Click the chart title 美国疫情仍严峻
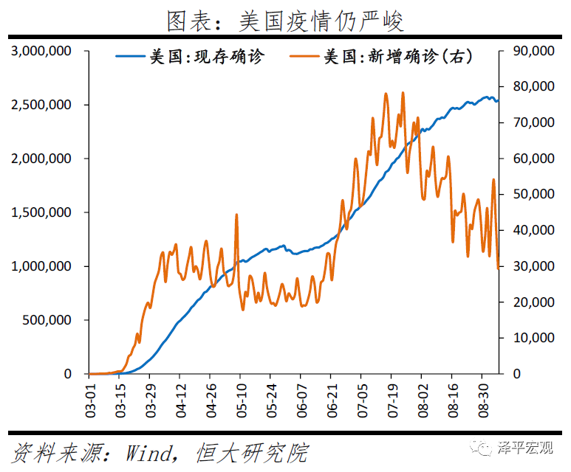(x=285, y=19)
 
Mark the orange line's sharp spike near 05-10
(x=236, y=215)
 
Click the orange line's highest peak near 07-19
(x=403, y=93)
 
